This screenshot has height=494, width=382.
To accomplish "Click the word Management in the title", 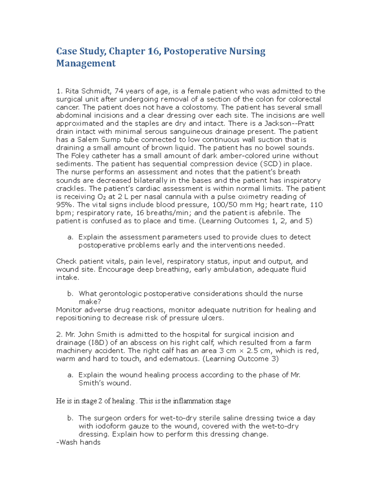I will pyautogui.click(x=86, y=63).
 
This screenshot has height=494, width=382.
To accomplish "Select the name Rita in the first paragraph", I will pyautogui.click(x=72, y=91).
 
